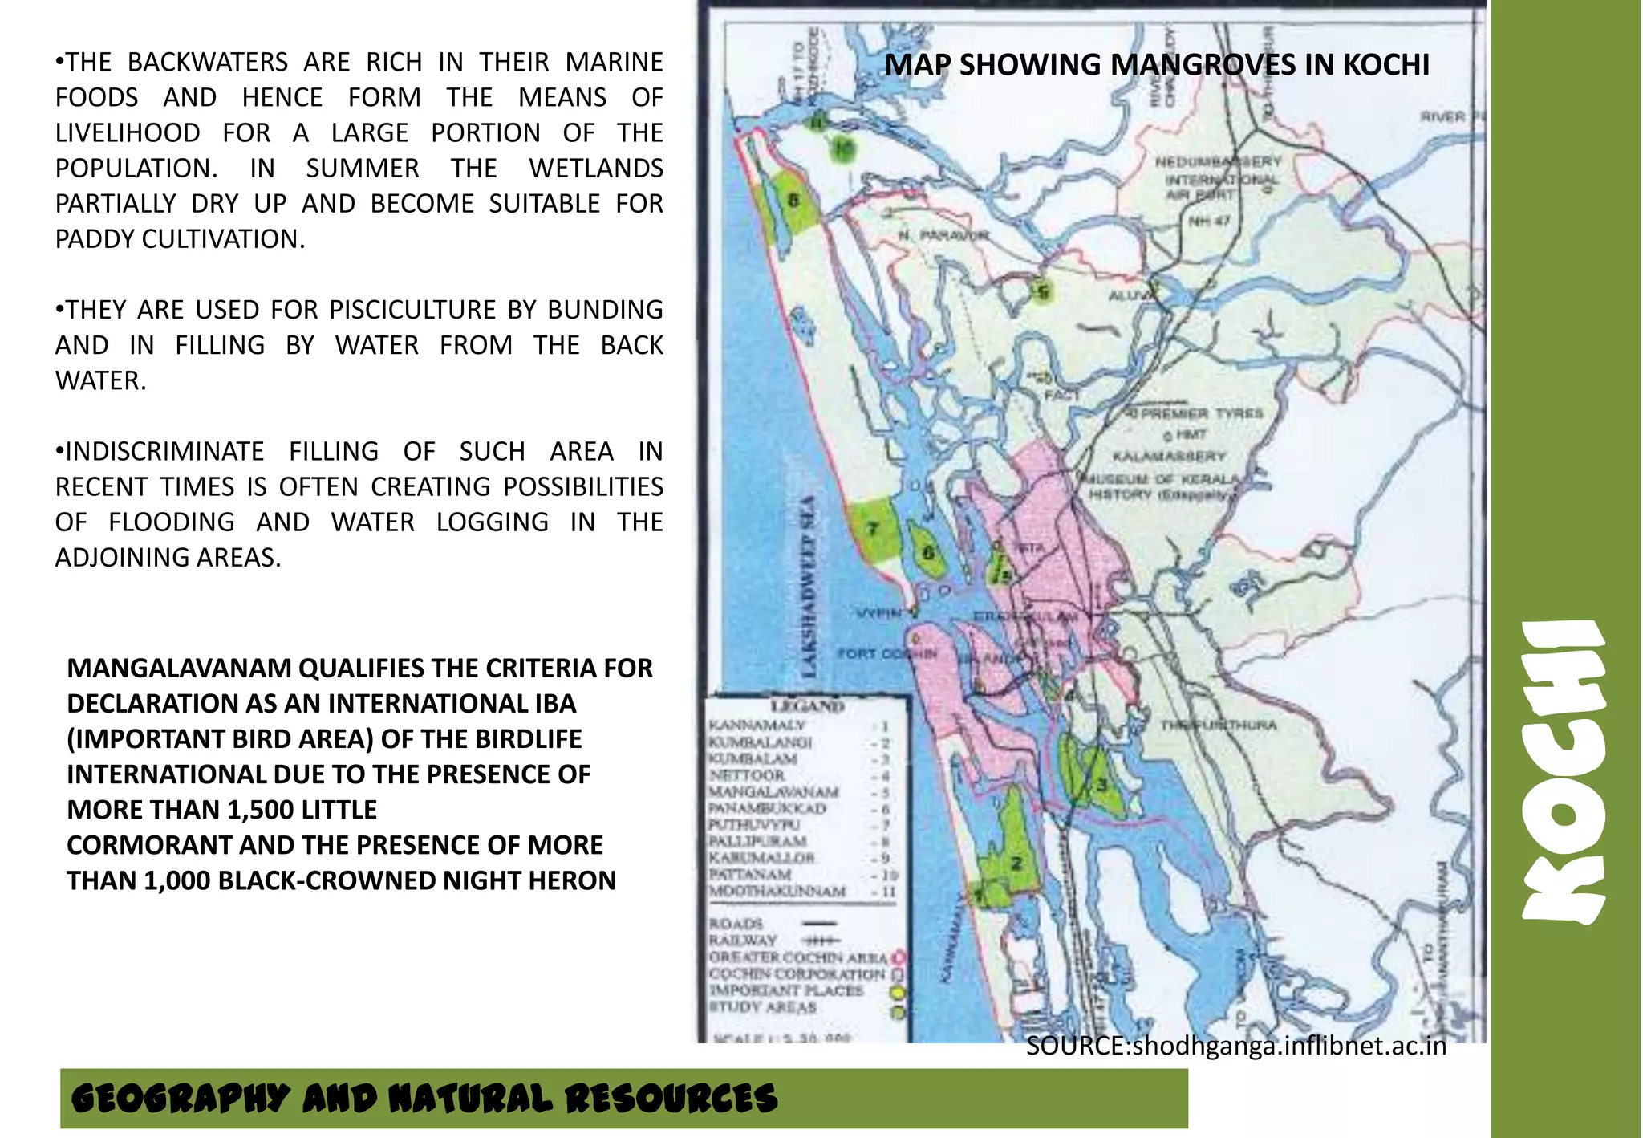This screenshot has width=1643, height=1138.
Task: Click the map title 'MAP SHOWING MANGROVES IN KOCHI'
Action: (1157, 65)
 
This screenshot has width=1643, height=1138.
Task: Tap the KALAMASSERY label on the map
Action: (1169, 457)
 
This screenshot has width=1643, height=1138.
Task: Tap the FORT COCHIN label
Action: (887, 653)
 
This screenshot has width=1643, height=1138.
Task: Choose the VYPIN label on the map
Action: (878, 614)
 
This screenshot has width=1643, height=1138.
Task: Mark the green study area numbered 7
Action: (873, 529)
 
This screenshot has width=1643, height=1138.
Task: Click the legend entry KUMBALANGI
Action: (760, 742)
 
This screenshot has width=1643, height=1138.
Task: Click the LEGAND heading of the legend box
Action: (807, 707)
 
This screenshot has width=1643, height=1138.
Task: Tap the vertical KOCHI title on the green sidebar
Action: (1564, 771)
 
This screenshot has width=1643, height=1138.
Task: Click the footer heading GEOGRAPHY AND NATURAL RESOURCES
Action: (424, 1099)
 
